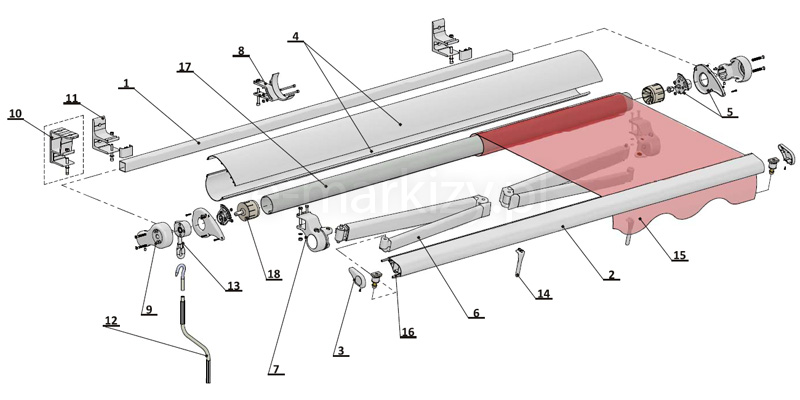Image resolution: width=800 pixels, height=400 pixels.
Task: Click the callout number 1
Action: tap(125, 84)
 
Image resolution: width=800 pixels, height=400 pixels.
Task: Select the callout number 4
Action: tap(295, 36)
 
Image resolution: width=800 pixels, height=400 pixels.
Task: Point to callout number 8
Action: tap(240, 50)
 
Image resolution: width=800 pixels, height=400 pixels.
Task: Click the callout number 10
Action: tap(15, 114)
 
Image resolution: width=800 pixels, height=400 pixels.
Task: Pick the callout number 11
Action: tap(71, 97)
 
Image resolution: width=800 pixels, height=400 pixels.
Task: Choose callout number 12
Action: tap(111, 321)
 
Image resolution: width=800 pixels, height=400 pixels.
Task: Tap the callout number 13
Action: tap(233, 286)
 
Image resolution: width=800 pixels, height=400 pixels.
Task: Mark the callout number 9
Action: tap(148, 309)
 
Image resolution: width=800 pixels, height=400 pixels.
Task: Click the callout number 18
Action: tap(272, 273)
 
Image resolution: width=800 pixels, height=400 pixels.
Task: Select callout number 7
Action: tap(274, 369)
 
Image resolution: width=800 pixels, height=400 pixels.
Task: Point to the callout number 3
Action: tap(340, 351)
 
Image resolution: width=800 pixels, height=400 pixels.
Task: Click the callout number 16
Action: tap(406, 331)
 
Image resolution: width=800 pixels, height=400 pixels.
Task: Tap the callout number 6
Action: tap(476, 313)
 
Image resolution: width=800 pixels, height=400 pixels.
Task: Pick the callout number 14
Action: tap(543, 295)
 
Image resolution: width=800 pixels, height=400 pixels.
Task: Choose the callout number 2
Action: tap(611, 274)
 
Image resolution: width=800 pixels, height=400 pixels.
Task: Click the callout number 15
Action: tap(679, 256)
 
